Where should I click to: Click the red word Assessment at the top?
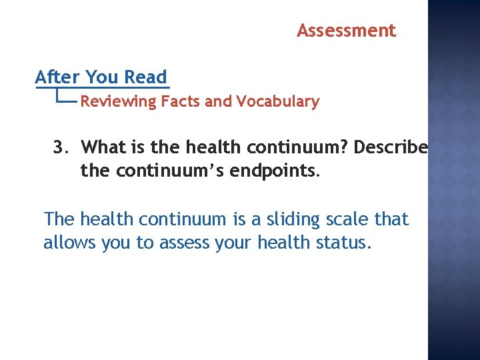(x=346, y=31)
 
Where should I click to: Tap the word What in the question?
(x=109, y=147)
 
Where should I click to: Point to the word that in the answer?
(x=391, y=219)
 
